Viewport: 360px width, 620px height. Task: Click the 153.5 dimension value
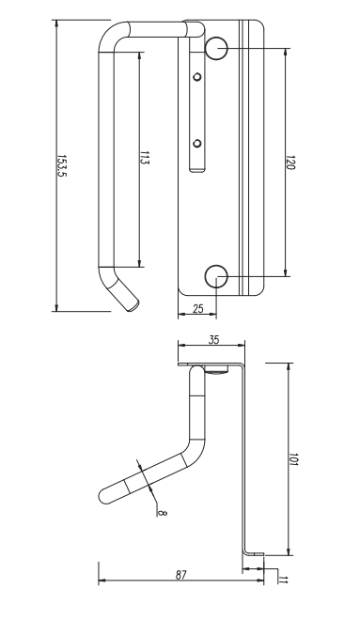point(62,166)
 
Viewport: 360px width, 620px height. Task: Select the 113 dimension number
point(145,158)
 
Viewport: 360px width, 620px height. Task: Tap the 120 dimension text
point(290,163)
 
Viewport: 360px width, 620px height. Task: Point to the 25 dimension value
point(197,308)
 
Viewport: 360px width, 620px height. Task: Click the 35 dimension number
point(213,340)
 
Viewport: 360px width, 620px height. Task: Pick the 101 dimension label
point(293,459)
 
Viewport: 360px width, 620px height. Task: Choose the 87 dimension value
point(180,575)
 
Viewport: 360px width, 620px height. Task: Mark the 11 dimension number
point(283,580)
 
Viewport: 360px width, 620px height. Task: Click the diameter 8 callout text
point(162,513)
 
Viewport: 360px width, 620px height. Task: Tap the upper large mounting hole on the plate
point(216,48)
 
